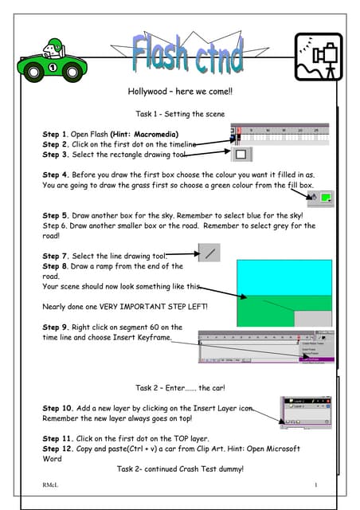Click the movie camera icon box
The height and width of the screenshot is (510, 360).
coord(318,57)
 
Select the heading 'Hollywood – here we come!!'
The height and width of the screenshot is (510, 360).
coord(179,92)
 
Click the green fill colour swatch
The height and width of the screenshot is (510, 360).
coord(327,196)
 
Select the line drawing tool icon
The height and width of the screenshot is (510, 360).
coord(209,253)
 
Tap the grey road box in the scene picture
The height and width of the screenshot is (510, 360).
coord(312,317)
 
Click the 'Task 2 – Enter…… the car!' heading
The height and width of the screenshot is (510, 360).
coord(180,388)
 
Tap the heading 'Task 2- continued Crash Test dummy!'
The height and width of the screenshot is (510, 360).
coord(180,469)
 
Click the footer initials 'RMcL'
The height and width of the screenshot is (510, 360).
coord(52,485)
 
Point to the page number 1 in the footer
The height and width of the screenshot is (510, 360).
coord(315,485)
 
